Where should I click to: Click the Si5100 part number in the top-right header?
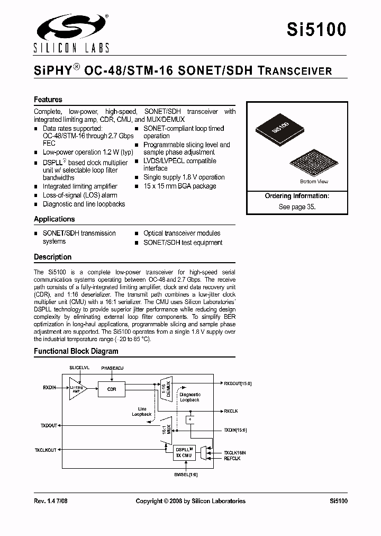pos(316,30)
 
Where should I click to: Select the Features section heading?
pos(48,100)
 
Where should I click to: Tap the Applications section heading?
pos(55,219)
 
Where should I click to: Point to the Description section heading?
pos(52,257)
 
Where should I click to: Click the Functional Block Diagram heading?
pos(76,351)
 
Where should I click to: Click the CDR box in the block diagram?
pos(111,389)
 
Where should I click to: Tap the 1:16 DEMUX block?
pos(166,388)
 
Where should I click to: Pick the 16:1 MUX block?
pos(167,427)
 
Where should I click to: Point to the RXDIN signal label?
pos(50,388)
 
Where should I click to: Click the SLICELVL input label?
pos(79,367)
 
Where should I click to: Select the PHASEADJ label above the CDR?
pos(112,367)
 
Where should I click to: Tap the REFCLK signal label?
pos(232,459)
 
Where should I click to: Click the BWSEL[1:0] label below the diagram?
pos(185,475)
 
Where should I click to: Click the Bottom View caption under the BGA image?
pos(314,182)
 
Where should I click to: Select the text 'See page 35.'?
pos(297,207)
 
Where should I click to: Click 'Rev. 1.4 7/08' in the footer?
pos(51,501)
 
